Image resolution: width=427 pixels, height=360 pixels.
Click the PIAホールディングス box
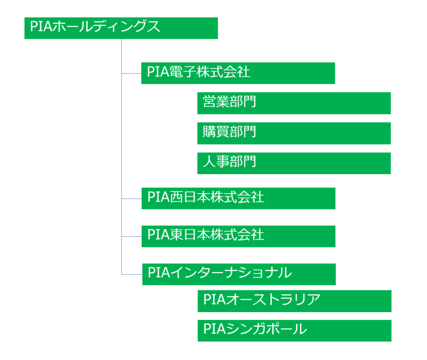(121, 28)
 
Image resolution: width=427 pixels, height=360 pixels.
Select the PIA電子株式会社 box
(238, 73)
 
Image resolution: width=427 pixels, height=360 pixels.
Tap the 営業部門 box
(294, 103)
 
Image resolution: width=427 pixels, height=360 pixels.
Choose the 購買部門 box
(294, 133)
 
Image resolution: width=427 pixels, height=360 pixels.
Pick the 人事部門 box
(294, 163)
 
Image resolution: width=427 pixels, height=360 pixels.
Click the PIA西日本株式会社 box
(238, 198)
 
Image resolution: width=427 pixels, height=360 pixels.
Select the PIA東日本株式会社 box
(238, 236)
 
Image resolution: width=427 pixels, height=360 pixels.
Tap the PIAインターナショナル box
(239, 274)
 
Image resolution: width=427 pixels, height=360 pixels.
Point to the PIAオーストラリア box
(294, 300)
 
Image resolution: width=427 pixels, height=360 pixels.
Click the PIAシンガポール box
(294, 330)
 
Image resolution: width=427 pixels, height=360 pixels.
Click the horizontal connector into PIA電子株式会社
(131, 73)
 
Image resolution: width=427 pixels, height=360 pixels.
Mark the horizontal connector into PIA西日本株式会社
(131, 199)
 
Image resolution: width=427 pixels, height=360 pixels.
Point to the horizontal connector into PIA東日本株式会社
(131, 236)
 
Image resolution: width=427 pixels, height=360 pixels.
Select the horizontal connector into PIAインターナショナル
(132, 274)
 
